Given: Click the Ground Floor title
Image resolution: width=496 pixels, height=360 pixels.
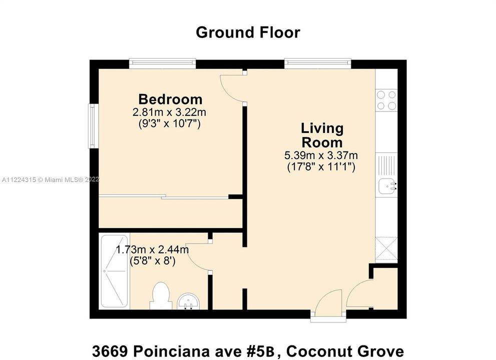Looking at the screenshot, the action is pos(248,32).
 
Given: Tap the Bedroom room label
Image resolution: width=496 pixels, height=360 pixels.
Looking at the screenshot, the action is pos(170,99).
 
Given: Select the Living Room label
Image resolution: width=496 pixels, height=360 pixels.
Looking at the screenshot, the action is pos(322,135).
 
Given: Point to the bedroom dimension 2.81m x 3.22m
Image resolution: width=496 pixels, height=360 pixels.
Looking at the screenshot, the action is pos(169,112).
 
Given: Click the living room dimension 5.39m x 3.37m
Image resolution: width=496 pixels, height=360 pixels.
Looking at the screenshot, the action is pos(321,155).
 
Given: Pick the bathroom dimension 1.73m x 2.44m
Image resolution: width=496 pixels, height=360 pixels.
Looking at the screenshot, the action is pos(152,249).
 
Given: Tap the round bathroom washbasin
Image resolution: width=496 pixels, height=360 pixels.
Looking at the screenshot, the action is pos(188,301).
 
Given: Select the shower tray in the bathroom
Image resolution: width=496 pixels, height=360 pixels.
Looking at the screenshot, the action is pos(114,271).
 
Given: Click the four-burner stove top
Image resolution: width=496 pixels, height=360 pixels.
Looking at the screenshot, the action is pos(386,100).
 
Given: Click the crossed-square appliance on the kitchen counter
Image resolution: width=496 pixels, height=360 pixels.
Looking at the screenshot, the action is pos(386,249).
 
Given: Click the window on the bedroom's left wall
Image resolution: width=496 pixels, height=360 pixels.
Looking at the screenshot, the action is pos(92,126).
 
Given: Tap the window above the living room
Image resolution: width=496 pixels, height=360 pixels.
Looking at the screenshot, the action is pos(318,63).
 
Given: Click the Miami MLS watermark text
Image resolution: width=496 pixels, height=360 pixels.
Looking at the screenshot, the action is pos(51,180).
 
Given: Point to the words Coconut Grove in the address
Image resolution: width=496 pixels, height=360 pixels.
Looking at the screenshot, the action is pos(345,351).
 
